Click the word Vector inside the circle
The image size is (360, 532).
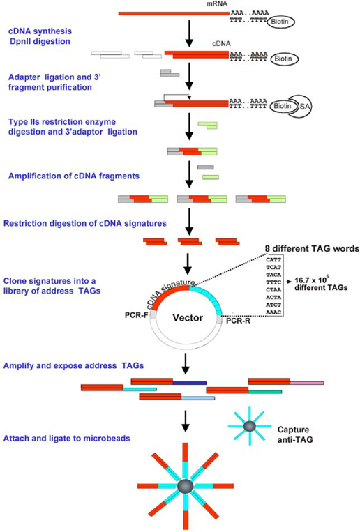pyautogui.click(x=187, y=317)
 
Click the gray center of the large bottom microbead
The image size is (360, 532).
pyautogui.click(x=185, y=486)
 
